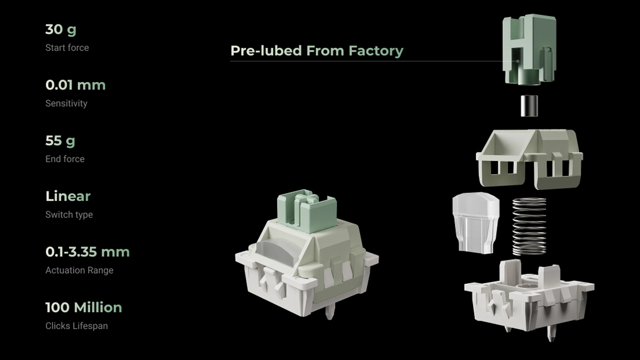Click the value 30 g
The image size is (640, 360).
coord(61,30)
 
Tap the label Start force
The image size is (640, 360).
coord(67,47)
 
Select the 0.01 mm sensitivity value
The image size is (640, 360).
coord(75,85)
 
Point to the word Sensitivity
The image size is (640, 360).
coord(66,103)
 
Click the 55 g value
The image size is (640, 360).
coord(60,141)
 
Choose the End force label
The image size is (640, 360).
coord(65,159)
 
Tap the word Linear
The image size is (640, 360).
coord(68,196)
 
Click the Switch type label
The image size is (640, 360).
coord(69,214)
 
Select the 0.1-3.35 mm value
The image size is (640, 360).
coord(87,252)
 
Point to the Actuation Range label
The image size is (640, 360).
coord(79,270)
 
